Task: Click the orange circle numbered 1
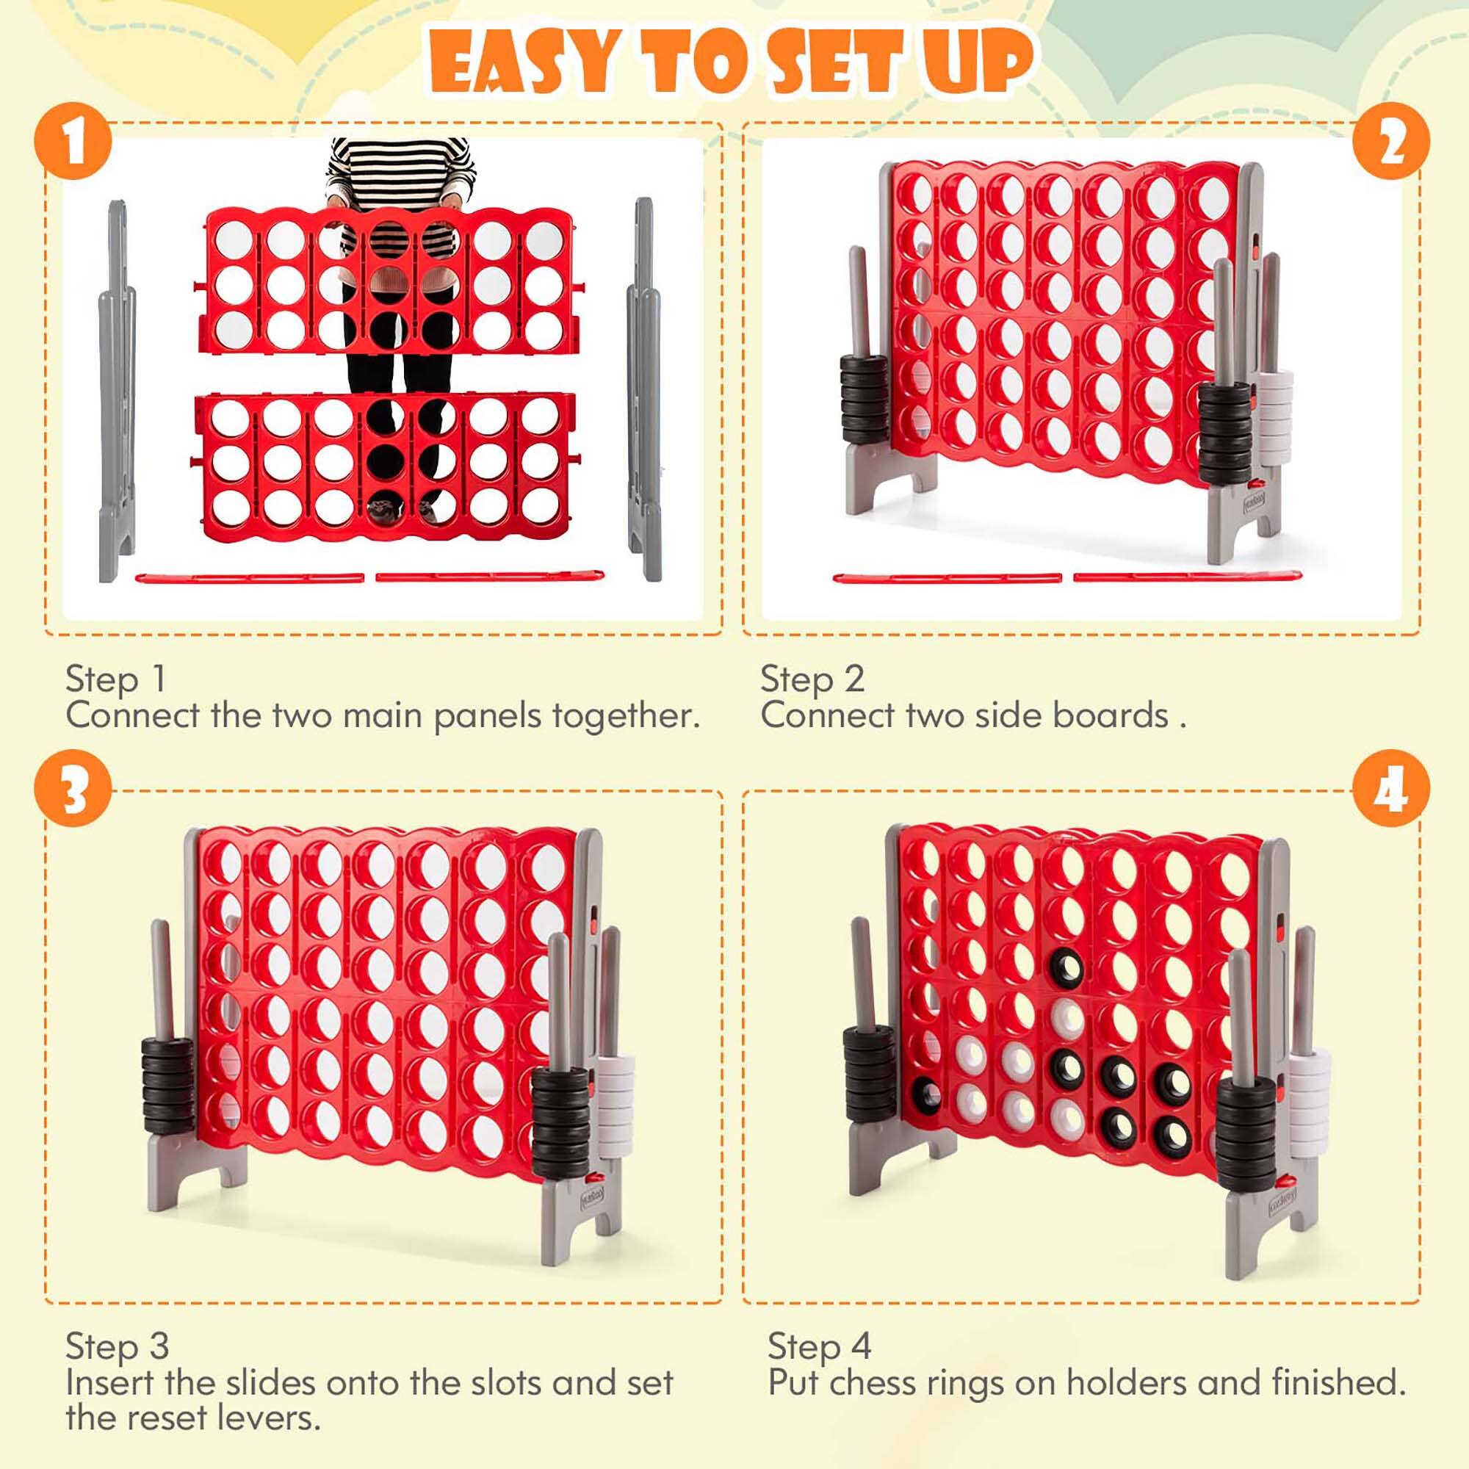(x=73, y=142)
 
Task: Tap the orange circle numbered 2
(x=1390, y=142)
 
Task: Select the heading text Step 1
(x=115, y=679)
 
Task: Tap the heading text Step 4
(x=819, y=1346)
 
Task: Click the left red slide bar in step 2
(x=947, y=579)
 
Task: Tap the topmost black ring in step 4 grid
(x=1066, y=967)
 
